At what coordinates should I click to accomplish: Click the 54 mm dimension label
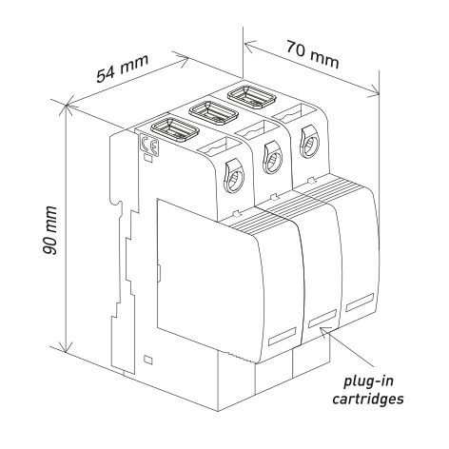(x=123, y=68)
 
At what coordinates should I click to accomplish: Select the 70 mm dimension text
(x=313, y=54)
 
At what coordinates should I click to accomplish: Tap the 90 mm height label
(x=49, y=230)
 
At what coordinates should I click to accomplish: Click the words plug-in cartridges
(x=368, y=389)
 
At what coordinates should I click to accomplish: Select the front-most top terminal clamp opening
(x=175, y=129)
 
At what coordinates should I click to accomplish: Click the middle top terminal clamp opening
(x=213, y=111)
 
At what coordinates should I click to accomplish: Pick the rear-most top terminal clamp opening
(x=252, y=95)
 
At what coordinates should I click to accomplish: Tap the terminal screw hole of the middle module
(x=272, y=158)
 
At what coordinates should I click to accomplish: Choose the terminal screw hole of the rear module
(x=310, y=142)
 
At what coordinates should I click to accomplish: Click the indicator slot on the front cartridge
(x=283, y=336)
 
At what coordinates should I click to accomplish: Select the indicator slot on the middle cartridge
(x=322, y=319)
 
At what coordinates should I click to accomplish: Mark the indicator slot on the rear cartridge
(x=360, y=303)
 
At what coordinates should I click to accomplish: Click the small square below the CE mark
(x=148, y=158)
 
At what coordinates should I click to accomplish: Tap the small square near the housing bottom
(x=148, y=360)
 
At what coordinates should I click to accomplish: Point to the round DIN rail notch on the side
(x=117, y=205)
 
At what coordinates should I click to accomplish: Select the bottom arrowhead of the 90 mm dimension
(x=66, y=347)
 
